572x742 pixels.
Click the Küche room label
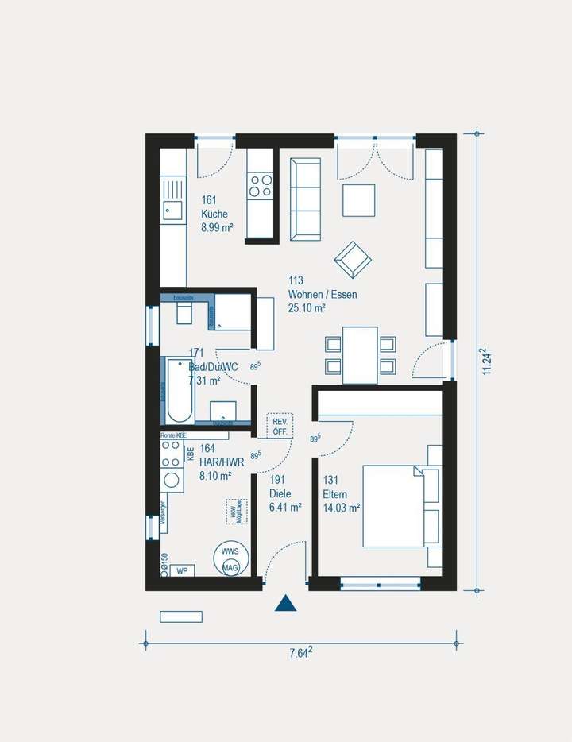pos(214,214)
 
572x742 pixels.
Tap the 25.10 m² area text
pos(307,308)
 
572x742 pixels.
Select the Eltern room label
pos(335,493)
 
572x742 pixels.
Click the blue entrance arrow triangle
pos(285,603)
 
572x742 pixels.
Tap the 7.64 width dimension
pos(300,653)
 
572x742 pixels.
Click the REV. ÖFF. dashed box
pos(280,426)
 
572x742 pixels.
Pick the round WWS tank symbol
pos(230,558)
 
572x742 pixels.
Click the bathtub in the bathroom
pos(178,391)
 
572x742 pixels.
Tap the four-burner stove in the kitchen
pos(261,186)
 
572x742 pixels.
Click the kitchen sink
pos(172,211)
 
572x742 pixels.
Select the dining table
pos(360,354)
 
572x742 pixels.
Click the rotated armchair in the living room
pos(353,258)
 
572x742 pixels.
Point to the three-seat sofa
pos(305,199)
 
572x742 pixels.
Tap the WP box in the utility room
pos(182,570)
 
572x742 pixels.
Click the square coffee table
pos(358,200)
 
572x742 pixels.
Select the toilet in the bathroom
pos(184,314)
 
